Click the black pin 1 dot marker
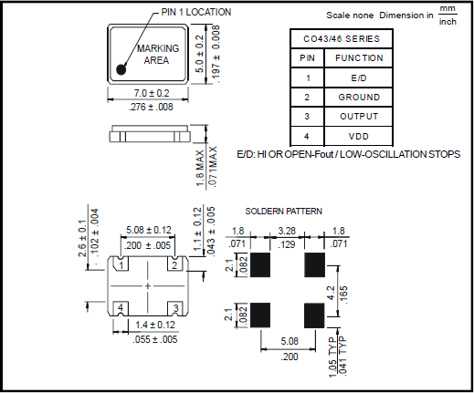pos(121,69)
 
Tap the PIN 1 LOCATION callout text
pos(196,12)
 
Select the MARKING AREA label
pos(158,55)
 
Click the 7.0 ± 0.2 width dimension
pos(152,93)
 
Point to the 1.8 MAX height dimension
pos(200,168)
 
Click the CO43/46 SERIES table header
pos(342,39)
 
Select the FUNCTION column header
pos(359,58)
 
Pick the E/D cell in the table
pos(359,78)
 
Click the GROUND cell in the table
pos(359,98)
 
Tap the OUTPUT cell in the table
pos(359,117)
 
